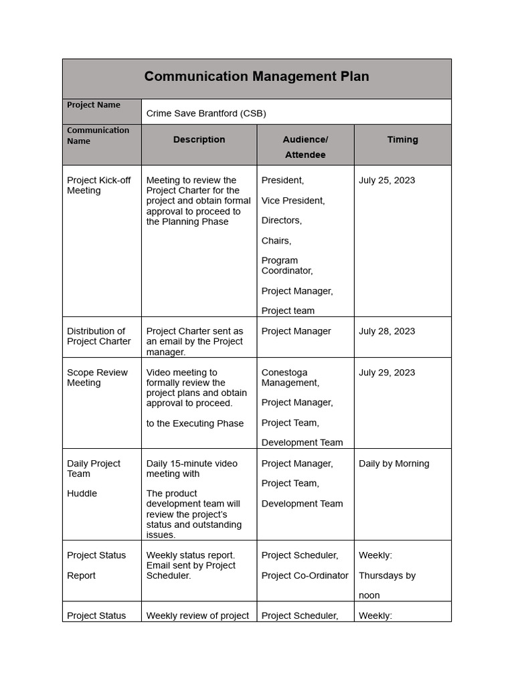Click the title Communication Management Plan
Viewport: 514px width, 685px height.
pos(256,76)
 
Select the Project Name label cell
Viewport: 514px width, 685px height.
pos(94,105)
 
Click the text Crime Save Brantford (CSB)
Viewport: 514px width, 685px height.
pos(206,113)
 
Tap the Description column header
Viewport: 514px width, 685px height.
pos(199,140)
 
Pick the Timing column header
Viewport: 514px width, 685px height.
pos(402,140)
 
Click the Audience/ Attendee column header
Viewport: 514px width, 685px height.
pos(305,147)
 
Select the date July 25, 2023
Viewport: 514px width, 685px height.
pos(387,181)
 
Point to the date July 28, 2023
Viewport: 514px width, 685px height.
pos(387,331)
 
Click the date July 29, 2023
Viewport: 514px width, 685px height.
pos(387,373)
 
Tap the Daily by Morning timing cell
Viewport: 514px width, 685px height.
pos(394,464)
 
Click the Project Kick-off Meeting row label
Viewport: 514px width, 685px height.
pos(99,185)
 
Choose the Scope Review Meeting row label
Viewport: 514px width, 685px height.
pos(98,378)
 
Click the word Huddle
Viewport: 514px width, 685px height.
pos(82,494)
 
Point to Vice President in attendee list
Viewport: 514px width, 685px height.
pos(293,201)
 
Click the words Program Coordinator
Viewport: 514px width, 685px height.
pos(286,266)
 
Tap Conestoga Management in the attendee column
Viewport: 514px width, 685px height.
pos(290,378)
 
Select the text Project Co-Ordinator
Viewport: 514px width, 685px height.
pos(305,576)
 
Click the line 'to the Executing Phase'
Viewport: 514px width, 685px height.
pos(195,423)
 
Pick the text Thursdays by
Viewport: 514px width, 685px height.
pos(387,576)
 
